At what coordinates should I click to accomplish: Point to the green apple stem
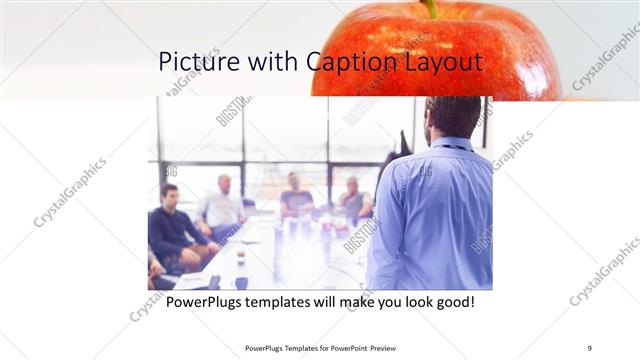tap(431, 9)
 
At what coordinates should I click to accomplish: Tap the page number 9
tap(590, 347)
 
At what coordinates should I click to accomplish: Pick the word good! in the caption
tap(453, 301)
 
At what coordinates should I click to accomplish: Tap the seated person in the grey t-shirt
tap(295, 195)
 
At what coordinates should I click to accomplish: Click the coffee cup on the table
tap(241, 256)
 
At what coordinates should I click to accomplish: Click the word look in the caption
tap(409, 301)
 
